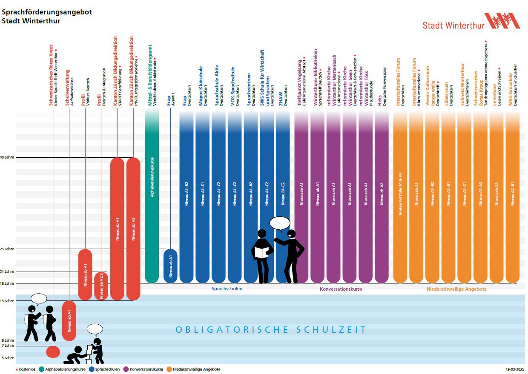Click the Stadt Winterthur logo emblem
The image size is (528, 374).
pyautogui.click(x=502, y=21)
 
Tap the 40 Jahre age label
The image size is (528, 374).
pyautogui.click(x=8, y=158)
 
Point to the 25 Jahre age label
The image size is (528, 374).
pyautogui.click(x=8, y=249)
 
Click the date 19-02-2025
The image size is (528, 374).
pyautogui.click(x=515, y=369)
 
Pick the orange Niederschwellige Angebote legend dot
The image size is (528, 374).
pyautogui.click(x=169, y=369)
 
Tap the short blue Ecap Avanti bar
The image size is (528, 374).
pyautogui.click(x=170, y=266)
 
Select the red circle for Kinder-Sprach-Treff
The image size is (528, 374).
pyautogui.click(x=53, y=352)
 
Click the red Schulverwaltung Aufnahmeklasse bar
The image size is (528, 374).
pyautogui.click(x=69, y=321)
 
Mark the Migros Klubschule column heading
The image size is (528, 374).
pyautogui.click(x=203, y=85)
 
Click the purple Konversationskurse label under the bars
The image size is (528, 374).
pyautogui.click(x=341, y=289)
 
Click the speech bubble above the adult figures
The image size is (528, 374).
pyautogui.click(x=280, y=223)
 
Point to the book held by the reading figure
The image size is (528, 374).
pyautogui.click(x=261, y=252)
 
